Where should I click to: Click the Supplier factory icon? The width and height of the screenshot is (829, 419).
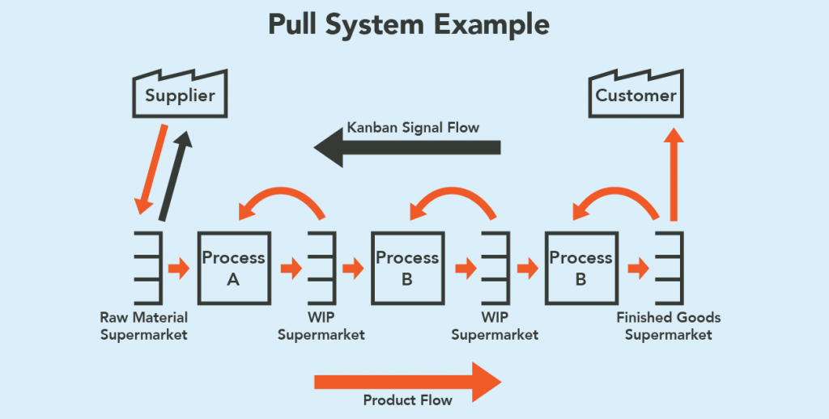pos(180,94)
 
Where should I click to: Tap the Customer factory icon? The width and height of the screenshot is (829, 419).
pos(636,94)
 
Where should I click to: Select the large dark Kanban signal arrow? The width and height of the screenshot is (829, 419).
pos(407,147)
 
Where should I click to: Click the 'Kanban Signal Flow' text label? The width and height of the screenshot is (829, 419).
pos(413,127)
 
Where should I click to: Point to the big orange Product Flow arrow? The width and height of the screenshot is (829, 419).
pos(408,382)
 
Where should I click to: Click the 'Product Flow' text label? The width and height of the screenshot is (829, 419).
pos(408,400)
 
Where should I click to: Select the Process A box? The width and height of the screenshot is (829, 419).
pos(234,268)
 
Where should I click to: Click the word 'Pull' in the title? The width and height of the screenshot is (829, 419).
pos(293,24)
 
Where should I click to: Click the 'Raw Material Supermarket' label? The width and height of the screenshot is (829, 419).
pos(144,326)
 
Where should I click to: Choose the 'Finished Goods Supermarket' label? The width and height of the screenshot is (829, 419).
pos(668,326)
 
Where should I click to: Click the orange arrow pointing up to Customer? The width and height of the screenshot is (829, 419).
pos(674,174)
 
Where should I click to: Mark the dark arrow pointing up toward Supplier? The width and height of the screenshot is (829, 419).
pos(176,176)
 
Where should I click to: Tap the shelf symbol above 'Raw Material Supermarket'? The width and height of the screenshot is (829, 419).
pos(149,268)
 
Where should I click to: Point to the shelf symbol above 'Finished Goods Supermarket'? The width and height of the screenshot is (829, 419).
pos(670,268)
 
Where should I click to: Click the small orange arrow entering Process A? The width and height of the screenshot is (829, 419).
pos(179,268)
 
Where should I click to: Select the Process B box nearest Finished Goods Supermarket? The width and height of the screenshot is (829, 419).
pos(581,268)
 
